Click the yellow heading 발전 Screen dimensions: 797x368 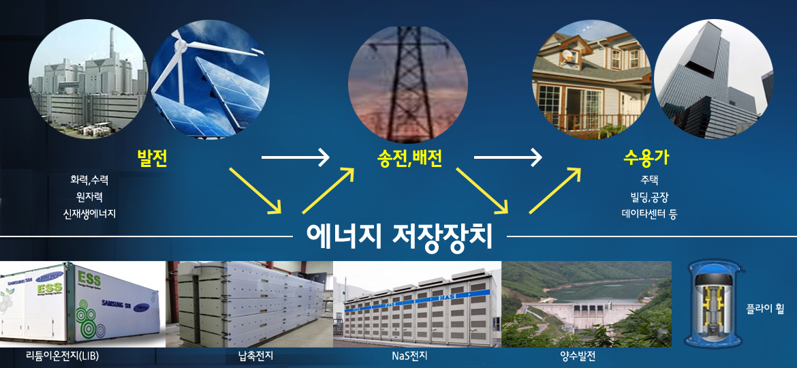[x=153, y=159]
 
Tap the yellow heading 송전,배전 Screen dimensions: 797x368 [x=407, y=159]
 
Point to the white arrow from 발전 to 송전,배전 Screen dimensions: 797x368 [x=296, y=158]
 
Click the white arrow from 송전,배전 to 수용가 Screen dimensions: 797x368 [x=507, y=158]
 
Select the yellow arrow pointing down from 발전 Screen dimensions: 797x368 [x=255, y=190]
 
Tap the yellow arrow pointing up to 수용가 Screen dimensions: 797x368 [x=555, y=190]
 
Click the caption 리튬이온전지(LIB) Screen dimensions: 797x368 [x=63, y=356]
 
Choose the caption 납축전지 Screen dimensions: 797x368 [x=249, y=356]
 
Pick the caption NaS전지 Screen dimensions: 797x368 [x=409, y=356]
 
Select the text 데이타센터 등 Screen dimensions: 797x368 [x=649, y=214]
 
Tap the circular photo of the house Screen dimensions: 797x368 [x=592, y=79]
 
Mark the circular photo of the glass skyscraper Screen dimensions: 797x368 [x=714, y=79]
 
